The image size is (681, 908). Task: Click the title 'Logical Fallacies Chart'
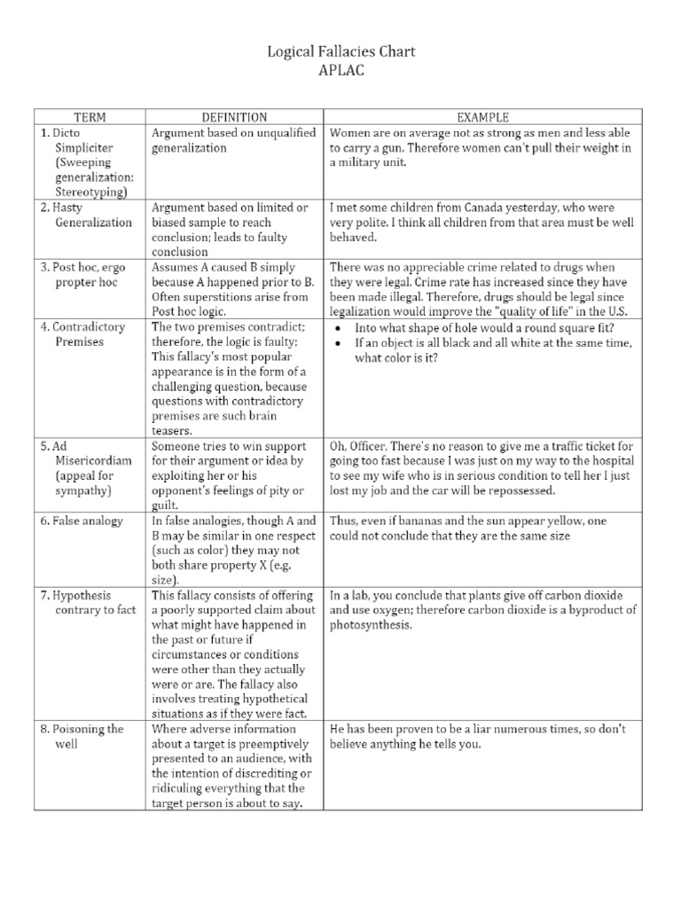[340, 52]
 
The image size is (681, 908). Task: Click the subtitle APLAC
[340, 70]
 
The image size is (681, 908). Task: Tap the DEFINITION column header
[234, 117]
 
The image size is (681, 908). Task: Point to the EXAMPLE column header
[481, 117]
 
